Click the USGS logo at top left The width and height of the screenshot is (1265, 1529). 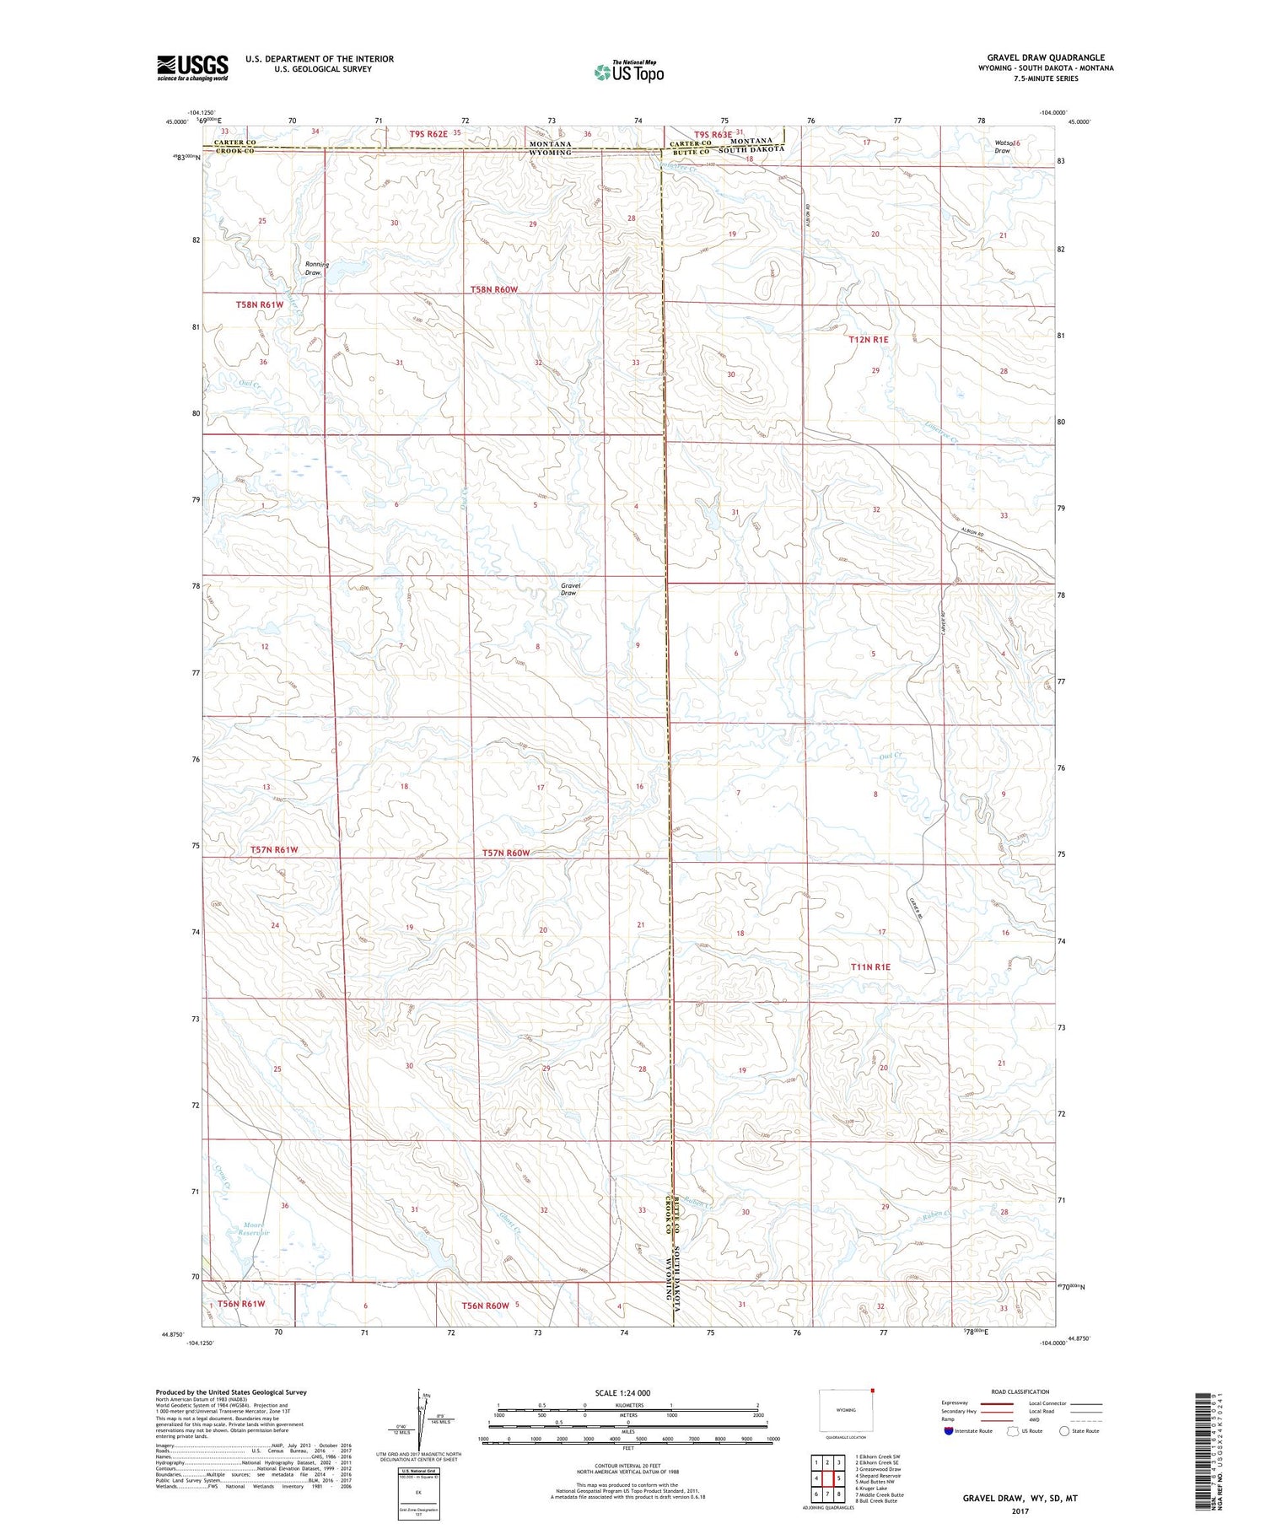[x=192, y=67]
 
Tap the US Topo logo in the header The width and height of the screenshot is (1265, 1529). [x=628, y=73]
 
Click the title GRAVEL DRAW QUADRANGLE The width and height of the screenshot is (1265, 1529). [x=1046, y=57]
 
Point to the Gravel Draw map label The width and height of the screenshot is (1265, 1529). [x=570, y=589]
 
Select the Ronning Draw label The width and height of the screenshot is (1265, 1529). [x=315, y=268]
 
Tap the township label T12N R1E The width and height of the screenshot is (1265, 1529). [x=868, y=339]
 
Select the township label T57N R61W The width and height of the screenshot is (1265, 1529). [x=274, y=849]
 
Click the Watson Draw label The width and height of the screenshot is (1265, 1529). [x=1007, y=147]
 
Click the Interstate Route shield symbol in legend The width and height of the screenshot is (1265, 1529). [x=949, y=1431]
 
